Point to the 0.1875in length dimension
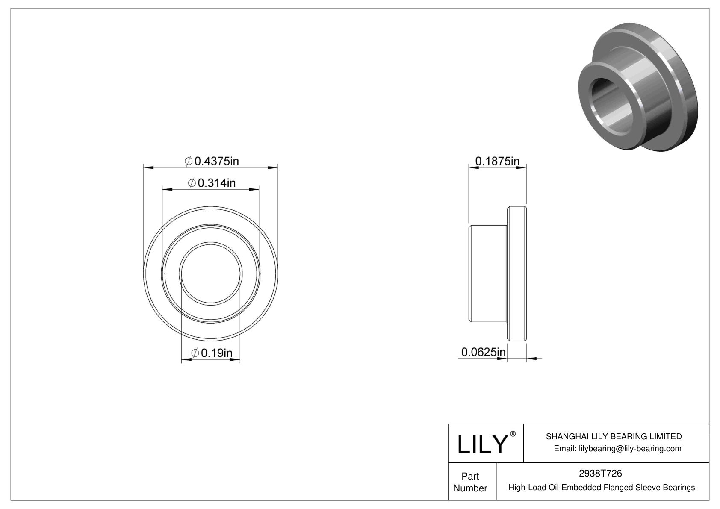(x=497, y=161)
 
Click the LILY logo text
(x=482, y=444)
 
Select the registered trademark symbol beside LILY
(x=513, y=434)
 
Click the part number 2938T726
(x=600, y=473)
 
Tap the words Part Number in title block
(x=470, y=482)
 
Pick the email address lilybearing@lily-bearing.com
(x=630, y=448)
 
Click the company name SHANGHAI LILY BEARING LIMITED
(x=614, y=436)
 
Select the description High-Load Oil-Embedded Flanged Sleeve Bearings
(x=602, y=487)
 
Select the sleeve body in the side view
(x=488, y=274)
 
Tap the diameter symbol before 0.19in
(x=195, y=353)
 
